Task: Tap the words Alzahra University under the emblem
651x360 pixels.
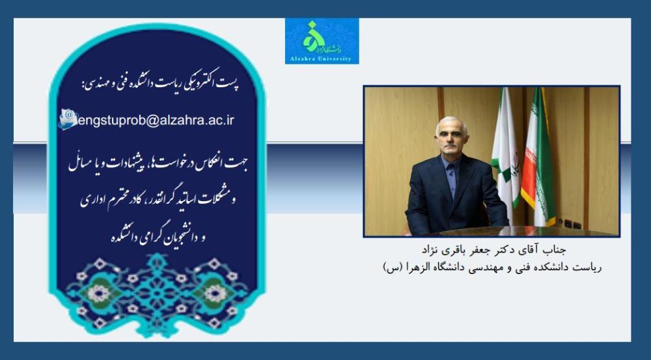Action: (322, 59)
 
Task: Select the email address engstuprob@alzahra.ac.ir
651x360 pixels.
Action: (156, 120)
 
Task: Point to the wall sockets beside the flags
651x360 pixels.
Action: (569, 224)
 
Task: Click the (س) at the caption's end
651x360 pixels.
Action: (392, 268)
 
